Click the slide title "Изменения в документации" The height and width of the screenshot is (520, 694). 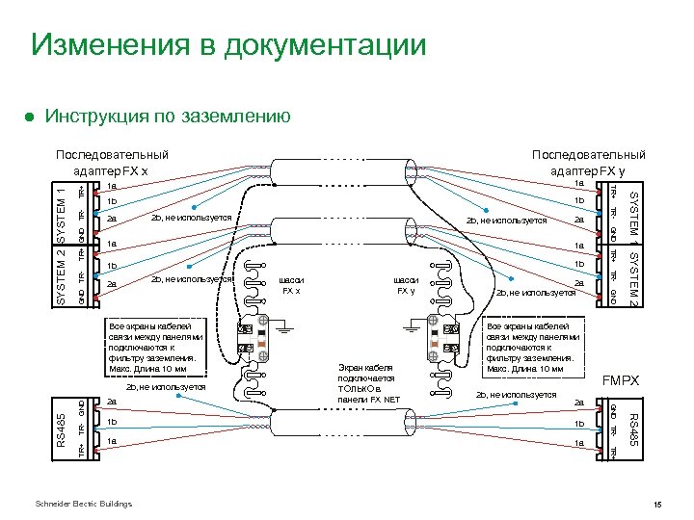pos(227,44)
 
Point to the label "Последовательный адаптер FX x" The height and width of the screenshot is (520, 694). pos(112,162)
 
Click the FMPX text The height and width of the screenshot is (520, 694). pos(621,381)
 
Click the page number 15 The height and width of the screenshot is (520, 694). pos(657,505)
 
